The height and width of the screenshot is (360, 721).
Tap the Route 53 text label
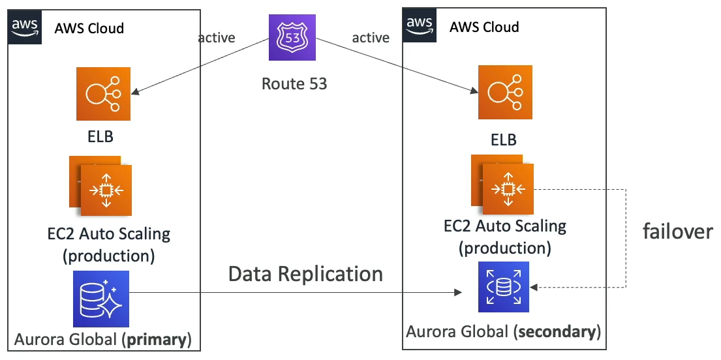[x=294, y=83]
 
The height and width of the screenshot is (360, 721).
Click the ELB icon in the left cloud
[x=102, y=92]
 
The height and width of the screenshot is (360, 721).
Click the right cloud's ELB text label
[x=503, y=140]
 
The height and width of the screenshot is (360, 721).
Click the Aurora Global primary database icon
[x=100, y=299]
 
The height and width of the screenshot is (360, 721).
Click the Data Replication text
[x=305, y=274]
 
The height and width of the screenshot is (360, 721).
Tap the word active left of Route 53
[x=217, y=38]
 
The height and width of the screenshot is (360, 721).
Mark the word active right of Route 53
[x=371, y=38]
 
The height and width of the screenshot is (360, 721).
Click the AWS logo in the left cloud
[x=25, y=27]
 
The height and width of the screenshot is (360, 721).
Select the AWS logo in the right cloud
[x=420, y=25]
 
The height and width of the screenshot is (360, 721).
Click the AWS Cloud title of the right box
[x=484, y=27]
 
